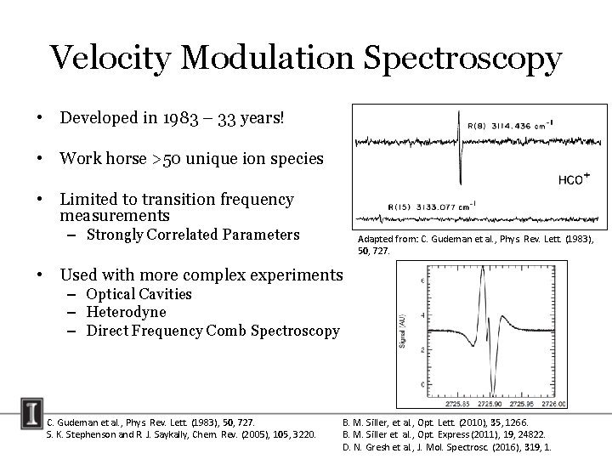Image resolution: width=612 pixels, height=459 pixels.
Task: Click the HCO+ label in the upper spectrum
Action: tap(575, 179)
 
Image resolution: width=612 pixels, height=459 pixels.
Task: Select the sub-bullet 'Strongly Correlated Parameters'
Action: tap(193, 235)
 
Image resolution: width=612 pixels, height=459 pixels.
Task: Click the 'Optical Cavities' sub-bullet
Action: tap(139, 294)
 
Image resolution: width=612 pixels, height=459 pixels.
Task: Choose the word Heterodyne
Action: tap(126, 312)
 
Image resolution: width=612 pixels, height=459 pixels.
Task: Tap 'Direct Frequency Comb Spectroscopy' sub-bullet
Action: tap(212, 331)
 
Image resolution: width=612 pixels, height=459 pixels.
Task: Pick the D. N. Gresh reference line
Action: tap(446, 447)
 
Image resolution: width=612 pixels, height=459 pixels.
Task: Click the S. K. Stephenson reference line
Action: tap(180, 434)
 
